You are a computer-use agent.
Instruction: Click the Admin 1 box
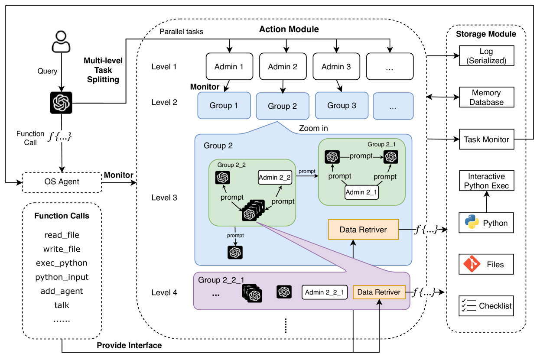(229, 67)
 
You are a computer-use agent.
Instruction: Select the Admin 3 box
(336, 67)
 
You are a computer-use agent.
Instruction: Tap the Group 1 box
(224, 105)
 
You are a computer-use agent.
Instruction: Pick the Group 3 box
(342, 105)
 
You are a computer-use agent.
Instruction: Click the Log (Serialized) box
(486, 56)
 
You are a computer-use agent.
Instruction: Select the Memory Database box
(486, 97)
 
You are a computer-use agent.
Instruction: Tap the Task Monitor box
(486, 139)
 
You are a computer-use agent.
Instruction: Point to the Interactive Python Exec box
(486, 181)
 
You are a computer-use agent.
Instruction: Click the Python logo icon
(472, 223)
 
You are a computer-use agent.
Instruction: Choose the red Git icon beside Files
(472, 264)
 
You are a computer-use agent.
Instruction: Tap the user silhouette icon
(61, 42)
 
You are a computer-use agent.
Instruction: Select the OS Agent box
(62, 182)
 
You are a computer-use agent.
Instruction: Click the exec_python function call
(62, 263)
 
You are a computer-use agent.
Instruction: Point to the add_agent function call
(62, 291)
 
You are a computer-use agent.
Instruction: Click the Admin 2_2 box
(274, 177)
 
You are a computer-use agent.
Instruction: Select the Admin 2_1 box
(361, 192)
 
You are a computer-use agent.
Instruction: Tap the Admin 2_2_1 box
(325, 292)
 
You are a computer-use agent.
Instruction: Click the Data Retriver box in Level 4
(379, 292)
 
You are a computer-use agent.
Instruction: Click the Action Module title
(289, 29)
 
